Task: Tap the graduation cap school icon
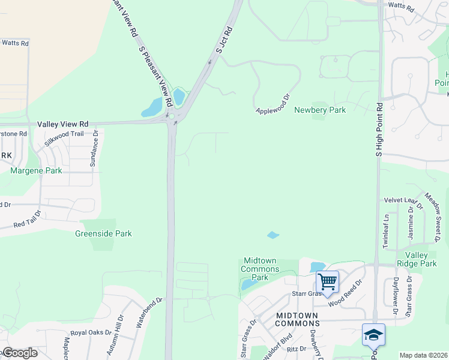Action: coord(373,334)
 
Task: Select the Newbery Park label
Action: coord(320,110)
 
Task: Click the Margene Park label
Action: coord(36,171)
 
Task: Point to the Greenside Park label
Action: coord(103,233)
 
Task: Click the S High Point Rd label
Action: coord(379,130)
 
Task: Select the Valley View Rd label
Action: coord(62,124)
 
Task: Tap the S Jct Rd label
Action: coord(224,40)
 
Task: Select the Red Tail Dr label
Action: coord(28,220)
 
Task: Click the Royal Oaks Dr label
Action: coord(91,332)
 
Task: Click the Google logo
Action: coord(19,353)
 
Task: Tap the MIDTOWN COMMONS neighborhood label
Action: coord(298,319)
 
